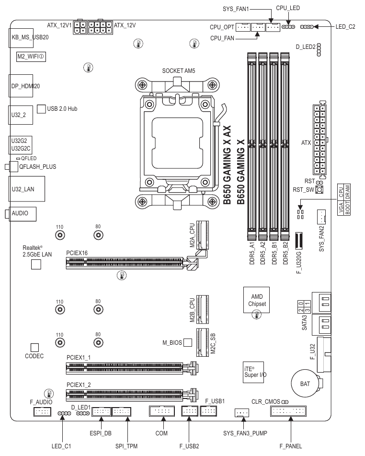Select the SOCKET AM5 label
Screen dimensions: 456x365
pyautogui.click(x=179, y=70)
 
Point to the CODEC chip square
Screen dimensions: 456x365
pyautogui.click(x=34, y=346)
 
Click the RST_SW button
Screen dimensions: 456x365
pyautogui.click(x=319, y=189)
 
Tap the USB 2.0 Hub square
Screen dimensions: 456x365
pyautogui.click(x=41, y=109)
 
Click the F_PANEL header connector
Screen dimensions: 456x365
pyautogui.click(x=289, y=411)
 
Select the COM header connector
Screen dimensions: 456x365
pyautogui.click(x=163, y=411)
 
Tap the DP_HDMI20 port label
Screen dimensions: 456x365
pyautogui.click(x=25, y=86)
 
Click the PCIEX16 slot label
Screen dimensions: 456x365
pyautogui.click(x=77, y=253)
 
